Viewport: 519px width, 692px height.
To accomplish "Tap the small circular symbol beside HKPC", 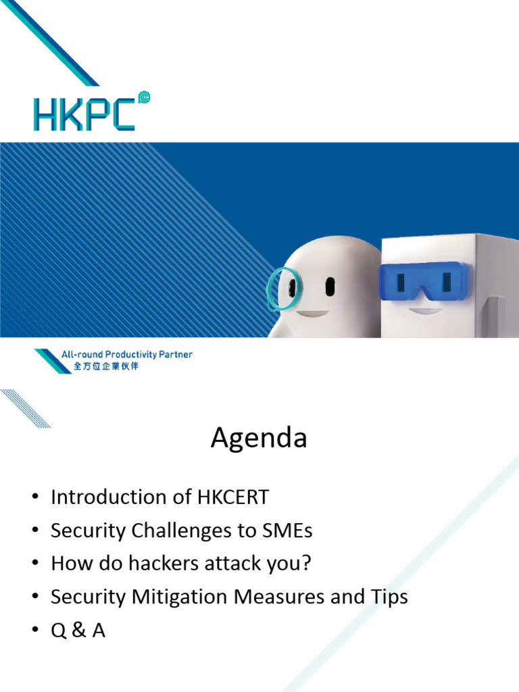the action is (144, 97).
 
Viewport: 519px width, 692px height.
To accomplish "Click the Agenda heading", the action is (259, 438).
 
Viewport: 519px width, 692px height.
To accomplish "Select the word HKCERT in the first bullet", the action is (232, 497).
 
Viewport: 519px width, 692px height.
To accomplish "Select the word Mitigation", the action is (179, 597).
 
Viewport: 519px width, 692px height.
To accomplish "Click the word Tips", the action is (389, 597).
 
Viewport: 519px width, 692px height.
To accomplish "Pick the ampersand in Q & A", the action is (78, 630).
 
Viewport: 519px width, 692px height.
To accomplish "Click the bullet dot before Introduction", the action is (35, 497).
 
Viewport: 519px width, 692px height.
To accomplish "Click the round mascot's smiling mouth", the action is (312, 314).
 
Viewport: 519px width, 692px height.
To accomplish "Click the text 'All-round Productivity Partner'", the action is (126, 354).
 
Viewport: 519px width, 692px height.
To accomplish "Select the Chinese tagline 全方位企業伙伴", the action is (106, 366).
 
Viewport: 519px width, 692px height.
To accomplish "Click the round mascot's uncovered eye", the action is (330, 287).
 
